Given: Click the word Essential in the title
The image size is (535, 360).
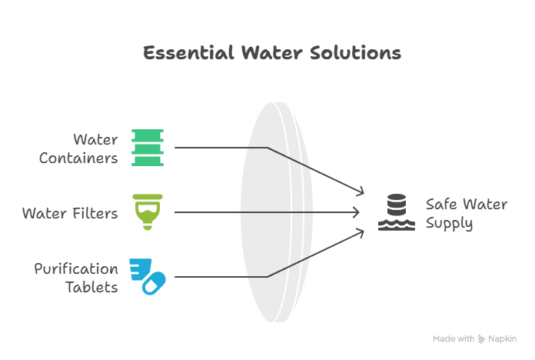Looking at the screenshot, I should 188,53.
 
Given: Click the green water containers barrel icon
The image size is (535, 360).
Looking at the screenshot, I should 148,148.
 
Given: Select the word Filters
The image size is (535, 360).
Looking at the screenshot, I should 94,213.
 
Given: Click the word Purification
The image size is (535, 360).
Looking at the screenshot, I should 76,269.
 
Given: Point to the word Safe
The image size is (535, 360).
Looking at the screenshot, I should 440,205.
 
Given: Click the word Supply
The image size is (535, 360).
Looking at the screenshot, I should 450,224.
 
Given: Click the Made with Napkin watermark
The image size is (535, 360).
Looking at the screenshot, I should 474,338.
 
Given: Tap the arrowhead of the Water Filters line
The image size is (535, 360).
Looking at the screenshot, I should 357,212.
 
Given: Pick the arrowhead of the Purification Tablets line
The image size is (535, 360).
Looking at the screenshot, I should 359,232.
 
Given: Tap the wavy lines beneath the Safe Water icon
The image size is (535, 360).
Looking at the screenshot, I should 397,225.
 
